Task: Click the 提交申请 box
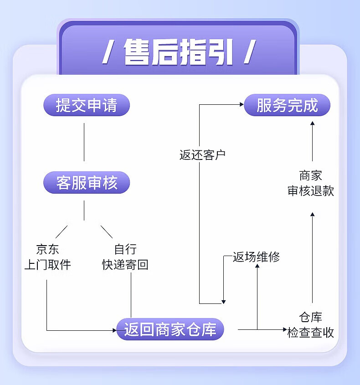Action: tap(87, 105)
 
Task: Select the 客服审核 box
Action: tap(87, 183)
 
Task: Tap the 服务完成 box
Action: tap(287, 105)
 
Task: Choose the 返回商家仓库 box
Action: tap(170, 329)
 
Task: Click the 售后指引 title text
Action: tap(178, 52)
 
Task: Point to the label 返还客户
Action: tap(203, 155)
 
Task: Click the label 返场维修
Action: tap(256, 257)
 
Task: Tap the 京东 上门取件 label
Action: tap(47, 257)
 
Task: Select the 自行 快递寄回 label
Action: tap(125, 257)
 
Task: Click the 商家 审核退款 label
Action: tap(311, 183)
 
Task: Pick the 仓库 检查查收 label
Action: tap(311, 324)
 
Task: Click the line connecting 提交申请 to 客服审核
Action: tap(84, 142)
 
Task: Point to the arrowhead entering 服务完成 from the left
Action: tap(242, 104)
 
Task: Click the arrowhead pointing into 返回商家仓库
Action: tap(115, 329)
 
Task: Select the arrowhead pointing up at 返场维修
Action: tap(257, 266)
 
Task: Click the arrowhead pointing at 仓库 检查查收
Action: tap(284, 329)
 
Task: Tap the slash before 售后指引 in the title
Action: tap(108, 52)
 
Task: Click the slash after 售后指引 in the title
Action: tap(249, 52)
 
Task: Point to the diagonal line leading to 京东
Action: tap(62, 231)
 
